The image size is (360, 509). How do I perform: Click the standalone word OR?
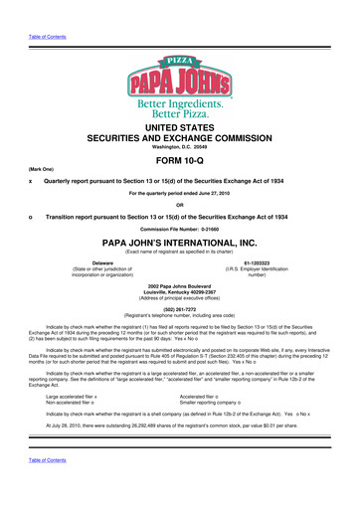(x=179, y=228)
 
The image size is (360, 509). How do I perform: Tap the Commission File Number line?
(x=179, y=259)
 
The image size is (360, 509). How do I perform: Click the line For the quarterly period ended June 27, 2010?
(x=179, y=213)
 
